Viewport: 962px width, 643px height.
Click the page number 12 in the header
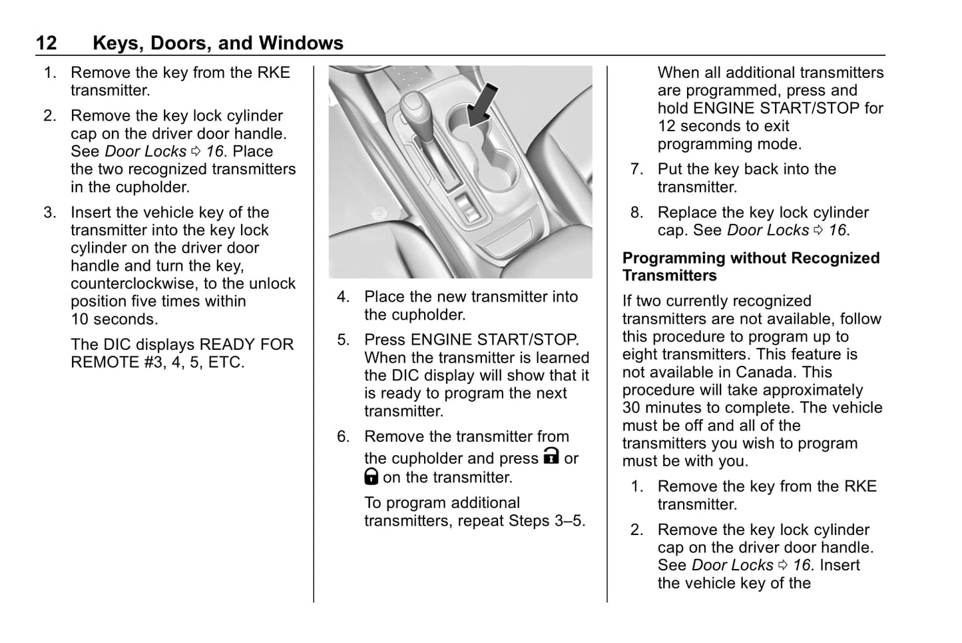(x=46, y=43)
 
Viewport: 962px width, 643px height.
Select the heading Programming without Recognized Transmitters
(x=750, y=267)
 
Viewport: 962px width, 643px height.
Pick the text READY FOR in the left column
(x=247, y=345)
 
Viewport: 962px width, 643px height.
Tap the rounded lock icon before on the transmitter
(x=371, y=476)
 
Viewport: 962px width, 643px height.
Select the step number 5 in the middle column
(x=342, y=340)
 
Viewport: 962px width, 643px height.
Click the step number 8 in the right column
(x=636, y=213)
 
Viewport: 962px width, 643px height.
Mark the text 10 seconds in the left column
(x=115, y=319)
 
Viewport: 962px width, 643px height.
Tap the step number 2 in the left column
(x=49, y=116)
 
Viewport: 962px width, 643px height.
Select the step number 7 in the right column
(x=636, y=170)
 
